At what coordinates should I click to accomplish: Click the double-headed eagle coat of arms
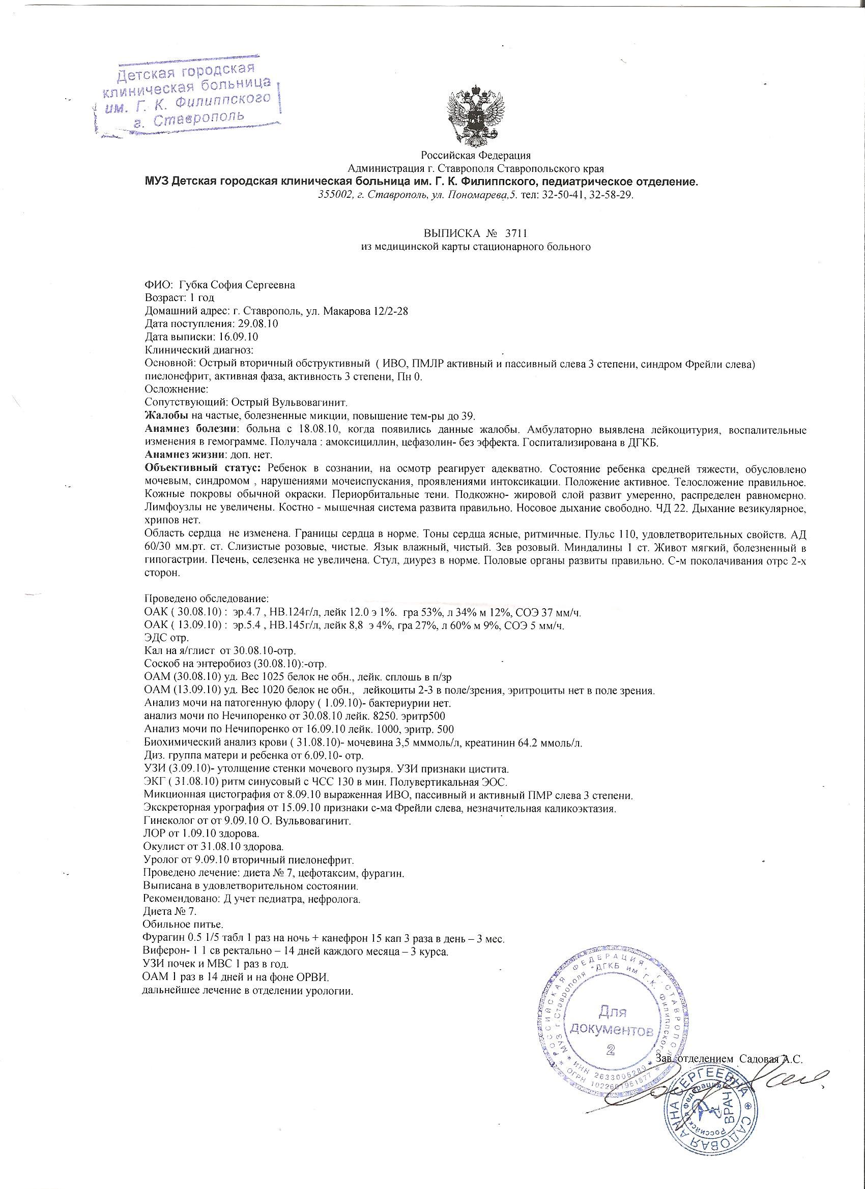pos(475,115)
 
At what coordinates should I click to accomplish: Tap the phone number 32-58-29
pos(614,195)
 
